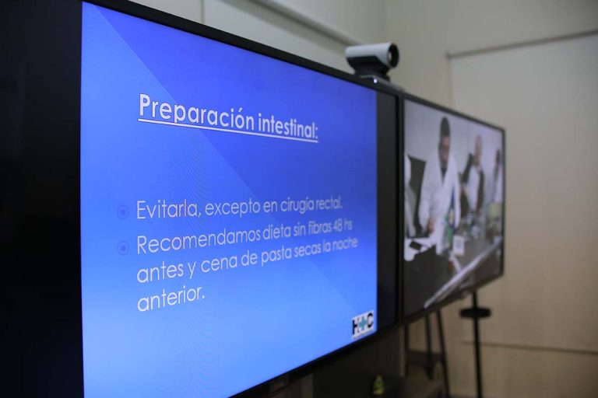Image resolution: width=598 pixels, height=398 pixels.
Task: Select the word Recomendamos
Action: click(198, 238)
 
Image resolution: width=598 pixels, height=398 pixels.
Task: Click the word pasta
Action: click(273, 257)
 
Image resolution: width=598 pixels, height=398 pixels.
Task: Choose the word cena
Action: click(217, 264)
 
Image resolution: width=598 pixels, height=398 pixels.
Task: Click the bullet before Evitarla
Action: click(123, 211)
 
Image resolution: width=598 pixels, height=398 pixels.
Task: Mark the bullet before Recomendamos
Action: click(123, 248)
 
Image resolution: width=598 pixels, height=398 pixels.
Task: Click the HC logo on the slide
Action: click(362, 322)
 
